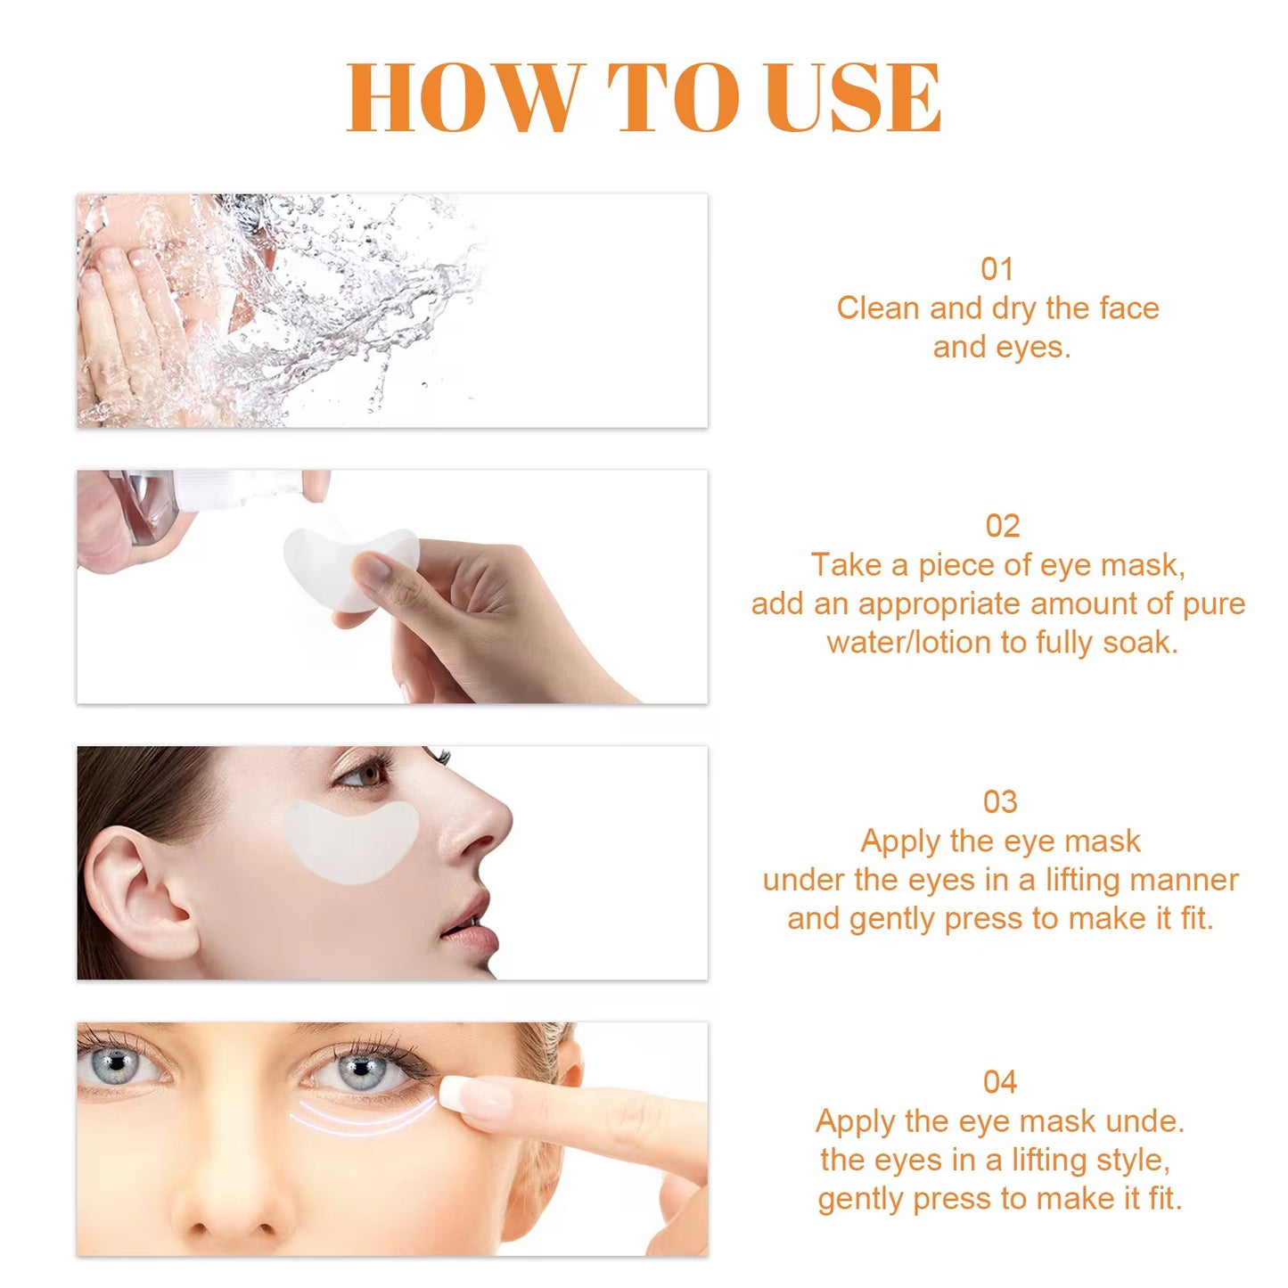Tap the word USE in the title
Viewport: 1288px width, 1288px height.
click(852, 98)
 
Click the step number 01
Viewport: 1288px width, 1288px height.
click(997, 269)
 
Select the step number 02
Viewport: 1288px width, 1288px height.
click(1002, 526)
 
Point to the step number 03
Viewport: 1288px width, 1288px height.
click(999, 802)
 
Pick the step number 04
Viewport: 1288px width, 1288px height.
click(999, 1082)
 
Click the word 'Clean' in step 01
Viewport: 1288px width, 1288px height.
click(877, 308)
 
